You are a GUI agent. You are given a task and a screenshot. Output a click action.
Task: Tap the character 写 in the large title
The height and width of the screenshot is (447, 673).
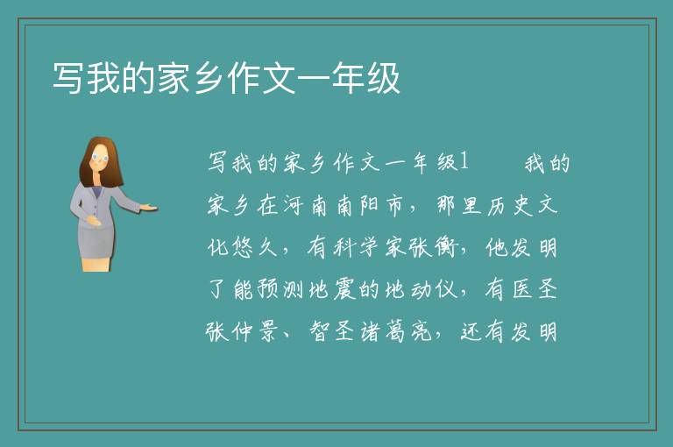point(69,77)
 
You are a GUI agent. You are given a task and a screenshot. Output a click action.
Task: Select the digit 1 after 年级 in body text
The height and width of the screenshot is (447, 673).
point(464,162)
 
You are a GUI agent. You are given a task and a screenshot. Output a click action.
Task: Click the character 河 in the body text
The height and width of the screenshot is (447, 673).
point(294,205)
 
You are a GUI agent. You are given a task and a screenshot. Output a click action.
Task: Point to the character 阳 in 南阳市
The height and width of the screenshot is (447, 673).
point(370,205)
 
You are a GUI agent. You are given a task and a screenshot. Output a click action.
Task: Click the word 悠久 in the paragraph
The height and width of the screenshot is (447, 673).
point(256,247)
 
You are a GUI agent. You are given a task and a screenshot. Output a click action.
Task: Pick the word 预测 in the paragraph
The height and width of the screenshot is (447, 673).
point(280,289)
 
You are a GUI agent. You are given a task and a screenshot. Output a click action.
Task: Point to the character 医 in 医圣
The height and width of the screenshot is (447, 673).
point(523,289)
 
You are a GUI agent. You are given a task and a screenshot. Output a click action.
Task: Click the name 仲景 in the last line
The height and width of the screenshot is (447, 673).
point(256,331)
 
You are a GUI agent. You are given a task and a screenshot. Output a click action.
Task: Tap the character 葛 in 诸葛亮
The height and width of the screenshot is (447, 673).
point(395,331)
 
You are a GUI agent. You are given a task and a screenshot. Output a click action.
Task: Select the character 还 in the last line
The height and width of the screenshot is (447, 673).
point(472,331)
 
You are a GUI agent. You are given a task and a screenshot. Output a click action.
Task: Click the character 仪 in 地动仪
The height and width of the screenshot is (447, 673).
point(446,289)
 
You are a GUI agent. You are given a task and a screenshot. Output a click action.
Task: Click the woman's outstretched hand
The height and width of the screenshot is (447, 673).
point(149,208)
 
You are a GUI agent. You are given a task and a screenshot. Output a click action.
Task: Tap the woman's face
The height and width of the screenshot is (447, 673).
point(100,157)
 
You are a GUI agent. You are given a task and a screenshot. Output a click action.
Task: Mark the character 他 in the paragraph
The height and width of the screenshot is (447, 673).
point(497,247)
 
